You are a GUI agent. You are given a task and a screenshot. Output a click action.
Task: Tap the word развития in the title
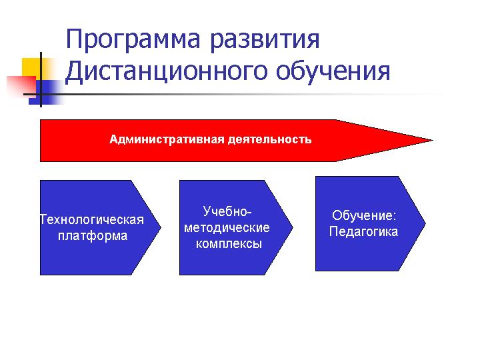coord(265,41)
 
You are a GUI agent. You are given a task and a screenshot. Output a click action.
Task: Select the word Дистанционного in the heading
coord(167,72)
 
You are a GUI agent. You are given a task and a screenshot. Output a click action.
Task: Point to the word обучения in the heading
coord(333,71)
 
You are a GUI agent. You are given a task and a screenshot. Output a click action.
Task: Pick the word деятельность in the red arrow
coord(270,139)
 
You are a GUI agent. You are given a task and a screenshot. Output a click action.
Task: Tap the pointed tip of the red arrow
coord(433,141)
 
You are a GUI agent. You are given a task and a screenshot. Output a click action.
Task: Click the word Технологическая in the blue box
coord(92,220)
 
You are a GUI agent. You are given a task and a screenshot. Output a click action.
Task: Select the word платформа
coord(93,236)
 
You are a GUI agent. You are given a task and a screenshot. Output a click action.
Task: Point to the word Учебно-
coord(227,211)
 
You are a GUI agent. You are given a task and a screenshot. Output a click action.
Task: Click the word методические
coord(227,228)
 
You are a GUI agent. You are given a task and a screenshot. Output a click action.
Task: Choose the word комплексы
coord(229,244)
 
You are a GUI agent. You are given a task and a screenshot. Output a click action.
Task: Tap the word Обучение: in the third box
coord(364,215)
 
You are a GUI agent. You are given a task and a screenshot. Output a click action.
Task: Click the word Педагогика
coord(364,232)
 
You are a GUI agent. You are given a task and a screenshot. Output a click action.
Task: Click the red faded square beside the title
coord(21,86)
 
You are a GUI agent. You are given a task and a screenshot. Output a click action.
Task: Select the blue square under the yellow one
coord(45,93)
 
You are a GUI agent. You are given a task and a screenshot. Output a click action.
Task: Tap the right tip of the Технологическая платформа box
coord(161,227)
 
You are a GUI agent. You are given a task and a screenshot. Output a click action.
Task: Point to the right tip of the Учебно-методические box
coord(293,227)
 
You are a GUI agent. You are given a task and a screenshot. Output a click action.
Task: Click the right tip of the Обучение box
coord(425,223)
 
